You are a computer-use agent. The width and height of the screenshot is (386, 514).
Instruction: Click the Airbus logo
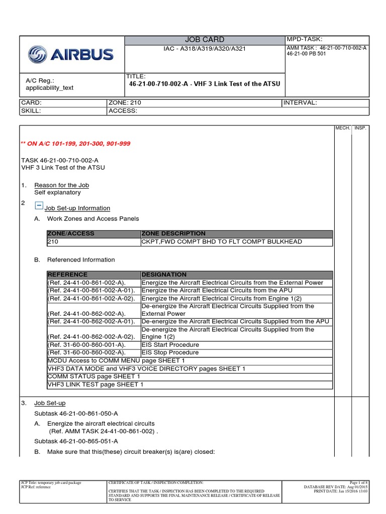71,54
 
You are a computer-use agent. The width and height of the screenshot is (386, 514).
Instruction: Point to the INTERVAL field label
301,102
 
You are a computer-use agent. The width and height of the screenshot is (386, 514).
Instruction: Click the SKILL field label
31,110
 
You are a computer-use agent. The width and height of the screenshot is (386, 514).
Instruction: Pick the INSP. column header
360,128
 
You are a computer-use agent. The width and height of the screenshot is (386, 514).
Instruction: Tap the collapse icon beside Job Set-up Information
39,205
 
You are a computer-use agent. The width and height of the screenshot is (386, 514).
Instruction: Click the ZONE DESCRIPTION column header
173,234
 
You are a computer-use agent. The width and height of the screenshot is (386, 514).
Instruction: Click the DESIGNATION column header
164,275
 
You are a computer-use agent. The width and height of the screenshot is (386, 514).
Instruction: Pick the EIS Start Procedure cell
170,345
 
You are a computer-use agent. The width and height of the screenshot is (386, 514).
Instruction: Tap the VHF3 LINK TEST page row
95,384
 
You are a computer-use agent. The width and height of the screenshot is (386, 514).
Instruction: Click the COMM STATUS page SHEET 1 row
93,376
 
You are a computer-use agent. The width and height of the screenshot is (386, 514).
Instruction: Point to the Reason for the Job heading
61,185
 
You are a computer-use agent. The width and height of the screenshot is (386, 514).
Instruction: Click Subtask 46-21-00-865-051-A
76,441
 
